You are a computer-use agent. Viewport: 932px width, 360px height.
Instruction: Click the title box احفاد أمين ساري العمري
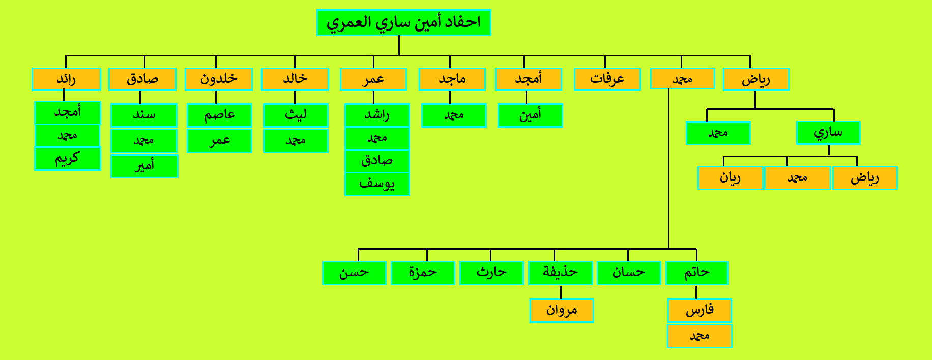click(403, 23)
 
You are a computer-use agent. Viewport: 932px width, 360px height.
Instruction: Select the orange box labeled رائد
click(66, 79)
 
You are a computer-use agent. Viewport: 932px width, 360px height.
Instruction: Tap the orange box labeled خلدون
click(219, 79)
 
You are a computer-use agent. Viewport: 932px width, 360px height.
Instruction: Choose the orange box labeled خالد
click(295, 79)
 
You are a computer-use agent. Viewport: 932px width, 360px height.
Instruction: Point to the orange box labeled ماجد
click(452, 79)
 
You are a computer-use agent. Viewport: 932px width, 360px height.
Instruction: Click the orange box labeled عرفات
click(607, 79)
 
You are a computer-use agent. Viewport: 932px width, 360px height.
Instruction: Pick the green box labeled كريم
click(68, 159)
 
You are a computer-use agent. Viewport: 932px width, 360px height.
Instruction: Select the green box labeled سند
click(144, 115)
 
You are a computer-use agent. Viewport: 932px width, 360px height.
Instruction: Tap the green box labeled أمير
click(144, 166)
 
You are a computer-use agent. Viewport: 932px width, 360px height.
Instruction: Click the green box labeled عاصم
click(219, 115)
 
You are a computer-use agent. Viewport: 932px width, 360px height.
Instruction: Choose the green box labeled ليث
click(296, 115)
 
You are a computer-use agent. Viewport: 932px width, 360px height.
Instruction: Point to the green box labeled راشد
click(377, 115)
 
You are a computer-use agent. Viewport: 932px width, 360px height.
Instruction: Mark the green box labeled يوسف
click(377, 184)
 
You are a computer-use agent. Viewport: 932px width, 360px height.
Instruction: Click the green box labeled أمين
click(530, 115)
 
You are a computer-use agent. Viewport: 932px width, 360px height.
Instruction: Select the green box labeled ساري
click(828, 133)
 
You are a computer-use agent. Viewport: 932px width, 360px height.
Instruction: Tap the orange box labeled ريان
click(730, 178)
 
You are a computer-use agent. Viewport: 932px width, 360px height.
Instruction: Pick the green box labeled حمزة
click(423, 273)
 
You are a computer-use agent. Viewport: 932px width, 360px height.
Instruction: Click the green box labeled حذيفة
click(561, 273)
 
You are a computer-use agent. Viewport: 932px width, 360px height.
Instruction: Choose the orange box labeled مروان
click(562, 311)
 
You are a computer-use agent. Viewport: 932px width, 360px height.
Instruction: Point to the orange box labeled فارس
click(700, 311)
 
